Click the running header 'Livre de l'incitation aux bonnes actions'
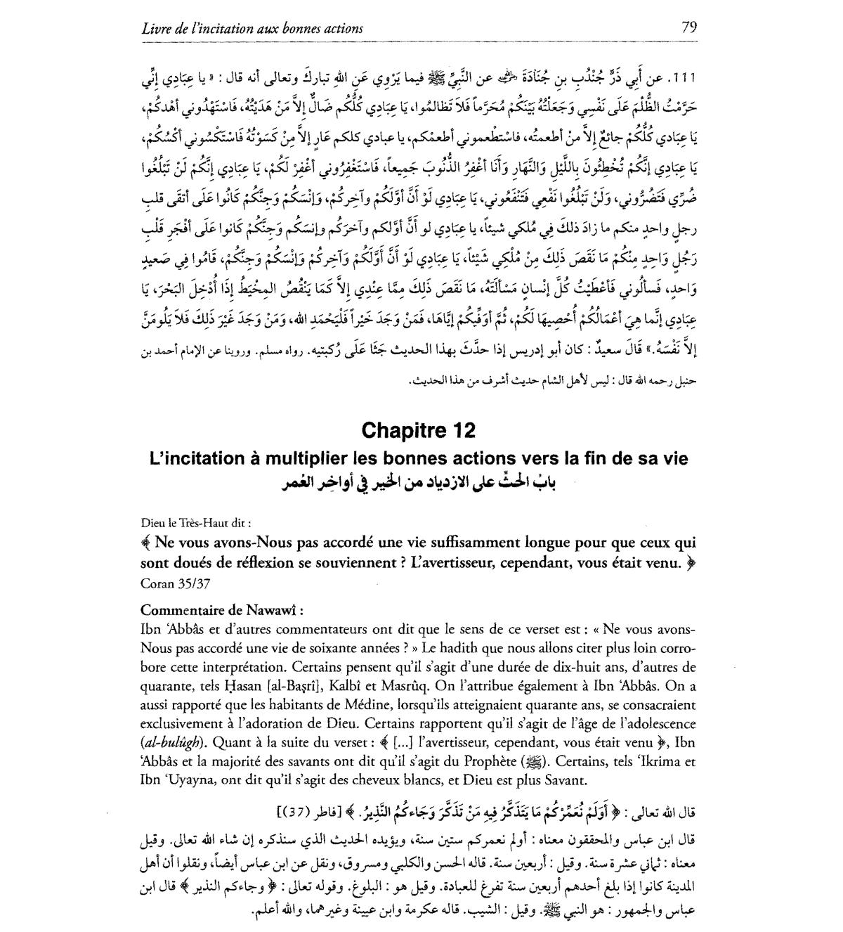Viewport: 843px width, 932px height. click(252, 29)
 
